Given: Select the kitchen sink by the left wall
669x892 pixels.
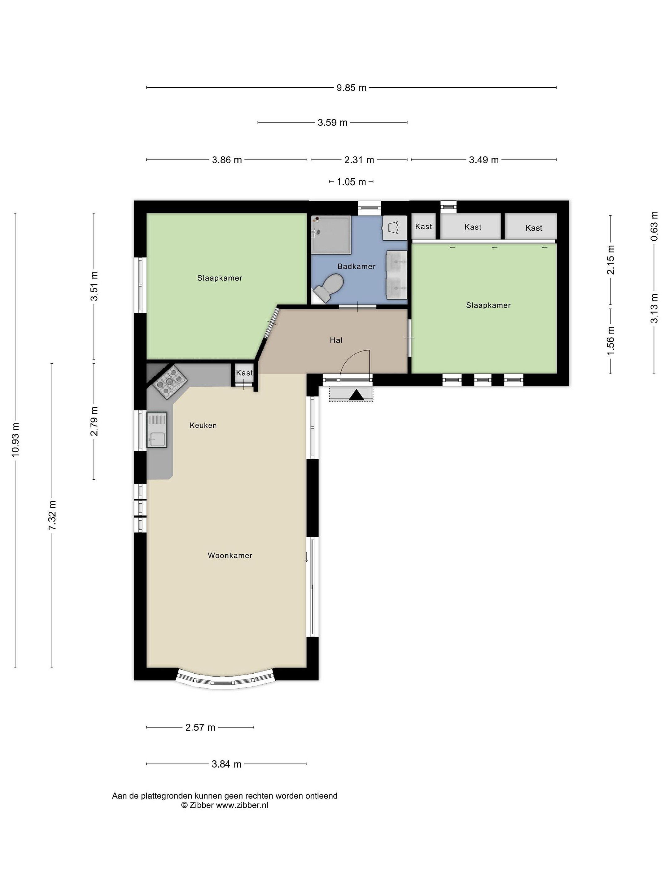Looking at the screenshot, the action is tap(156, 430).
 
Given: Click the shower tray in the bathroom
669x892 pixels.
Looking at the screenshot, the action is tap(331, 235).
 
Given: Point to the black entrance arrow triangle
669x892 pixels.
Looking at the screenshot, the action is tap(356, 395).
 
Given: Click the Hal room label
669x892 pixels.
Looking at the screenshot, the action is tap(336, 340).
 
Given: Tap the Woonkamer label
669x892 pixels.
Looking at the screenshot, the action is tap(230, 555).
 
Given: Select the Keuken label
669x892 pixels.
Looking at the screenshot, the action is tap(203, 426).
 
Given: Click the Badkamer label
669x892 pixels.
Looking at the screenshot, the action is tap(356, 267).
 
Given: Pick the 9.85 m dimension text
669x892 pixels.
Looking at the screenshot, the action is tap(352, 88).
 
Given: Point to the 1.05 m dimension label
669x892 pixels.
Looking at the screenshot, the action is tap(352, 182).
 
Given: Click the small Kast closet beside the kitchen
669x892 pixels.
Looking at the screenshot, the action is tap(244, 373).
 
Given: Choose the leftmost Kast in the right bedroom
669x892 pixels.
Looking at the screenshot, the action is tap(423, 227).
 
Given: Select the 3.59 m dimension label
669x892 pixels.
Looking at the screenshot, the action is tap(332, 123).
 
